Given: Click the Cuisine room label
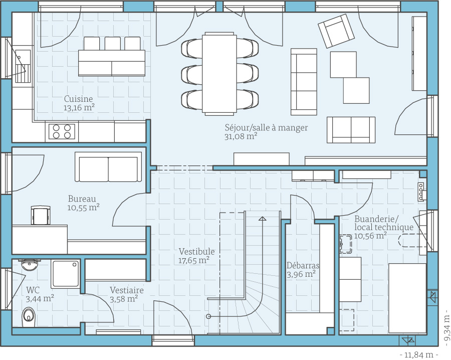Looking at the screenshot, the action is click(78, 99).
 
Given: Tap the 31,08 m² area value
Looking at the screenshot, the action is click(241, 136).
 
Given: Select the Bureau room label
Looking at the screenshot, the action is click(82, 199).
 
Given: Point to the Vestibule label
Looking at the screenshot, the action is click(197, 252).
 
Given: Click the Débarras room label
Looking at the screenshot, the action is click(303, 265).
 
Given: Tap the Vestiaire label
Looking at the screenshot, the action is click(127, 290).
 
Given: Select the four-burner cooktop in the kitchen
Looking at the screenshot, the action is click(62, 131).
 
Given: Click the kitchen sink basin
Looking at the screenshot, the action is click(23, 57).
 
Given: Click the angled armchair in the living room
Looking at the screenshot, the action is click(336, 31).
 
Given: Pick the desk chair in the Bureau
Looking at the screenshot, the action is click(41, 215).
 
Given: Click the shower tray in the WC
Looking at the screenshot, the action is click(66, 274).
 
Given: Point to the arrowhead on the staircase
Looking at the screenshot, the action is click(262, 219).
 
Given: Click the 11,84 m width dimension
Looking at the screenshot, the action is click(419, 354).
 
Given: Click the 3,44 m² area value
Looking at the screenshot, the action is click(40, 299).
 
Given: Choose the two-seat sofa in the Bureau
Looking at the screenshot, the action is click(108, 167).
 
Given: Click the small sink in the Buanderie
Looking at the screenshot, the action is click(346, 244).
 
